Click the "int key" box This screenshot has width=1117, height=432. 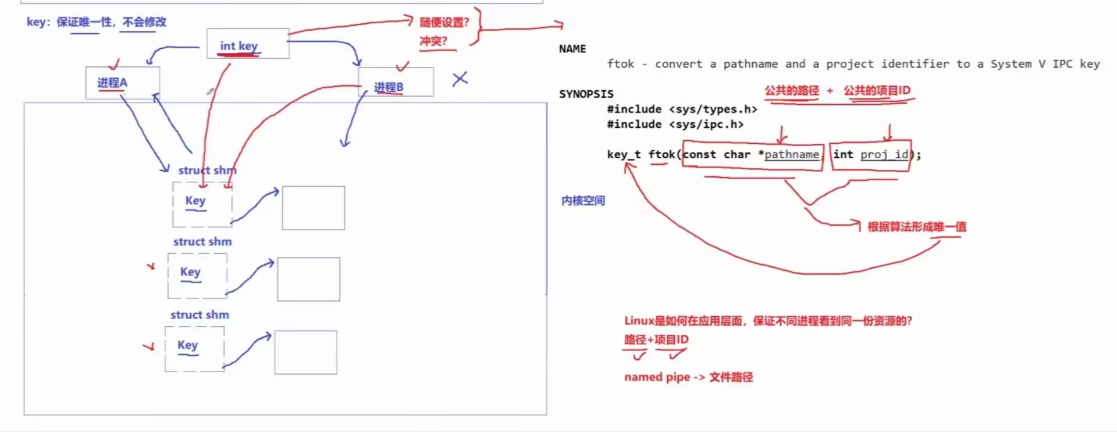[x=248, y=44]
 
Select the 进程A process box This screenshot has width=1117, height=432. [x=122, y=83]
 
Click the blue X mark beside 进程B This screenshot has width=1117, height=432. [x=460, y=79]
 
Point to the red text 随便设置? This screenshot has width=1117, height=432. [x=444, y=22]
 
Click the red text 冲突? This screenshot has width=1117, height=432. [x=433, y=41]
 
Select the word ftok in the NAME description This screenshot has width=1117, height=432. [x=620, y=64]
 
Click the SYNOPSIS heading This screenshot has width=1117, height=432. [x=586, y=94]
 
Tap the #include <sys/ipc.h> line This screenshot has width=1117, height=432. [x=675, y=124]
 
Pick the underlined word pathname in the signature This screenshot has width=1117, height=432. [x=791, y=154]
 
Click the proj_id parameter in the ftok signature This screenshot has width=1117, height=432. [x=884, y=154]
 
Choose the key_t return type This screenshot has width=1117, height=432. [x=623, y=154]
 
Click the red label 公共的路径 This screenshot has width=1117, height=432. [x=791, y=90]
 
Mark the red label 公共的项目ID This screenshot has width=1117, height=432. [x=877, y=90]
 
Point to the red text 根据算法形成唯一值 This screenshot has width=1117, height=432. [x=916, y=226]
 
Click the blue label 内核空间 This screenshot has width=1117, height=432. [x=583, y=200]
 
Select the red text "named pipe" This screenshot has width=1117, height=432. [x=657, y=377]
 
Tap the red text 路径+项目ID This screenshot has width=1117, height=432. [x=656, y=339]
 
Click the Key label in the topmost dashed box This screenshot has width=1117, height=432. [x=195, y=200]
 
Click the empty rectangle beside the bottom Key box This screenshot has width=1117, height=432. [x=305, y=352]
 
